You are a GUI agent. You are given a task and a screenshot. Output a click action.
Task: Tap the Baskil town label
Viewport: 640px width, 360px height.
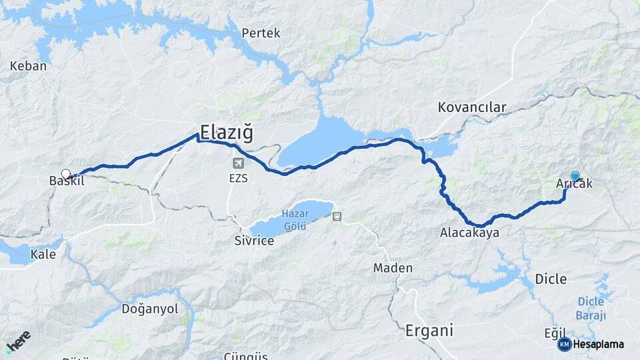(67, 181)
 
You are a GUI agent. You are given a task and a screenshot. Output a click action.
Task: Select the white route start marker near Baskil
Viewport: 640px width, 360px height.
(66, 174)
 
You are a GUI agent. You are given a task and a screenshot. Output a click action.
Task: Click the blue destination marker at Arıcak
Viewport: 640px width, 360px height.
(575, 176)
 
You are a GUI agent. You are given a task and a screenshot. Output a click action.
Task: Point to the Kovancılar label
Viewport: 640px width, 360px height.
(472, 107)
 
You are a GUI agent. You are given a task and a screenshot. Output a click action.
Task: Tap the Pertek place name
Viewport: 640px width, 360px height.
(261, 33)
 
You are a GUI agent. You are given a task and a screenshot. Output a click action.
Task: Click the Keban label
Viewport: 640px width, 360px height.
(29, 66)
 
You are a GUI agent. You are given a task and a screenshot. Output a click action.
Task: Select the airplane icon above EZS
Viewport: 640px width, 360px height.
(238, 163)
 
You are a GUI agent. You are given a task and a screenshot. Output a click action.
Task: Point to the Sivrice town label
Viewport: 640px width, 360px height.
(254, 241)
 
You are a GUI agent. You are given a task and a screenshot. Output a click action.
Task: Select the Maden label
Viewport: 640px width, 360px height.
(393, 268)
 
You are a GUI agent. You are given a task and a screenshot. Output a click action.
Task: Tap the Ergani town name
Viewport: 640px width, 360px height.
(429, 330)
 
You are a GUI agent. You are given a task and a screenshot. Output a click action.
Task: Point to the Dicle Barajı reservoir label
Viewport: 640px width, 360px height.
(591, 308)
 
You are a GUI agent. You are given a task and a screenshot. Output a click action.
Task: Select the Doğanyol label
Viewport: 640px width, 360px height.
(150, 309)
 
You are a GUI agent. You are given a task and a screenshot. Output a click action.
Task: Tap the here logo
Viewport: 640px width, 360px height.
(19, 341)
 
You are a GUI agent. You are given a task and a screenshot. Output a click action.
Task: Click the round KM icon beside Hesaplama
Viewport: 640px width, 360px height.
(564, 344)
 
